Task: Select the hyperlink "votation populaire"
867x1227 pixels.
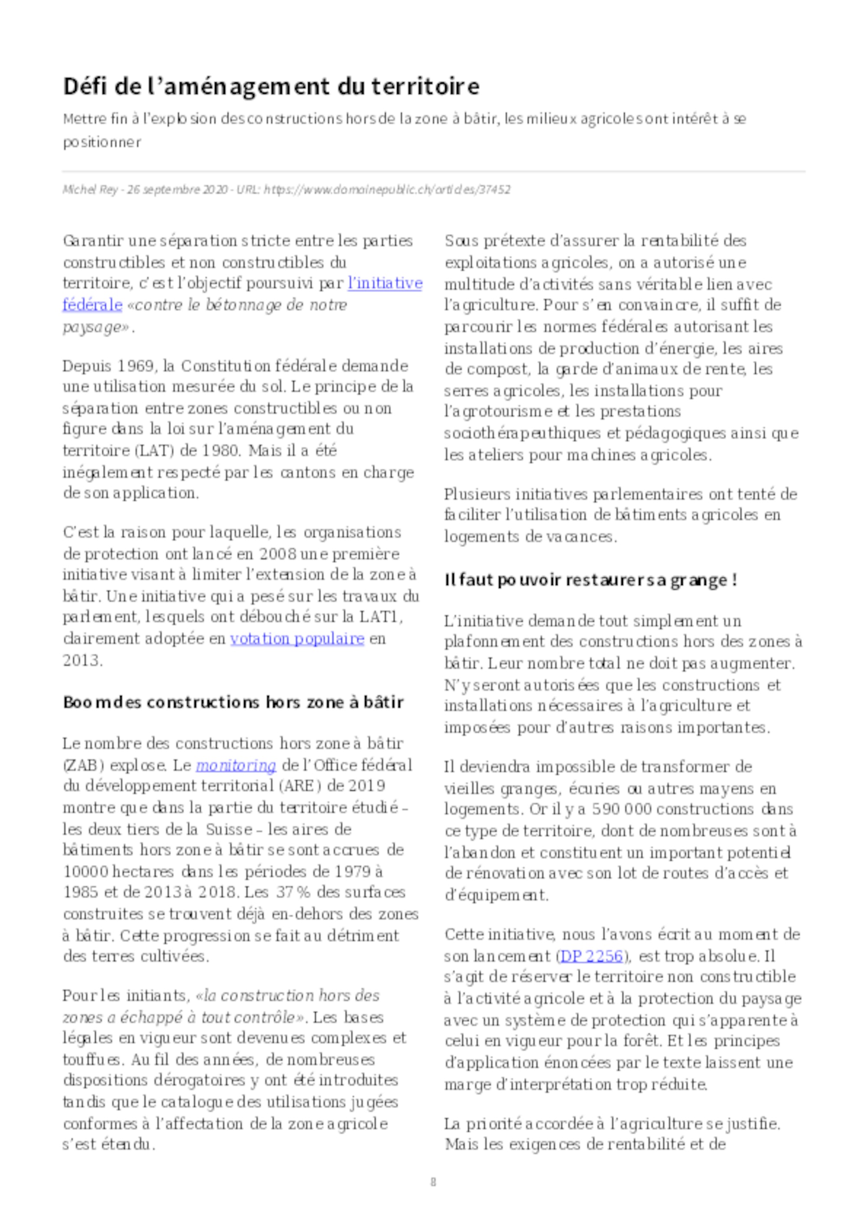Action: (x=297, y=639)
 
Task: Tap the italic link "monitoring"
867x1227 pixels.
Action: (x=235, y=765)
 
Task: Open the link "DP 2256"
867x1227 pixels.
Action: (x=591, y=956)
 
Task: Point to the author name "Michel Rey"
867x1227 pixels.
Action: (x=90, y=190)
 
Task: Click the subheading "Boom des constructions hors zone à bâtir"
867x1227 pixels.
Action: (x=233, y=702)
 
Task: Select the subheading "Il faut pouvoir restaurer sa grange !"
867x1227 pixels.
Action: (x=590, y=580)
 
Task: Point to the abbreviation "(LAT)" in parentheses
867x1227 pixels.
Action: (x=154, y=450)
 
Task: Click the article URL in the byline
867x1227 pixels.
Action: (x=387, y=190)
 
